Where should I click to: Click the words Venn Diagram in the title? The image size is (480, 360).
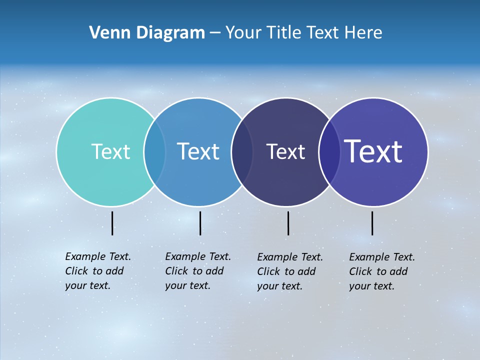point(147,33)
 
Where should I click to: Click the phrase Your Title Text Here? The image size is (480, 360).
point(303,33)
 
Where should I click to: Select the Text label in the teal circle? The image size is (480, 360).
point(110,151)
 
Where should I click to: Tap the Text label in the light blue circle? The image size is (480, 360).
point(198,151)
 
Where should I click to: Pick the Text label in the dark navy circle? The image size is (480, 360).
point(285,151)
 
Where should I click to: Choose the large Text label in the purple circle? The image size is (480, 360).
point(373,151)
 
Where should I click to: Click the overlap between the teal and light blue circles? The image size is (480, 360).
point(155,151)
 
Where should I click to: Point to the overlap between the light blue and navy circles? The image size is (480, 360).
point(242,151)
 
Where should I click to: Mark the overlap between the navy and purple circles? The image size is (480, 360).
point(329,151)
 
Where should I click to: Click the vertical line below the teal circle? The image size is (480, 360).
point(112,223)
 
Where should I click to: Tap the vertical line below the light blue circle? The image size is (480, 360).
point(200,223)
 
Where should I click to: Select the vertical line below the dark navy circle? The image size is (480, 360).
point(288,223)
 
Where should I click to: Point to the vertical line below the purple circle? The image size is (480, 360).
point(372,223)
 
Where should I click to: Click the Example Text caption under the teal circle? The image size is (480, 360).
point(97,271)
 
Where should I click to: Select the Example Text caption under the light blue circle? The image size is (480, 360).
point(197,271)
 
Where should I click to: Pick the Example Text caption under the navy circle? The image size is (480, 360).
point(289,271)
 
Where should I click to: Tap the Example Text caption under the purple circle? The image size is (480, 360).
point(381,271)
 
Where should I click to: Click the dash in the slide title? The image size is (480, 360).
point(214,33)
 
